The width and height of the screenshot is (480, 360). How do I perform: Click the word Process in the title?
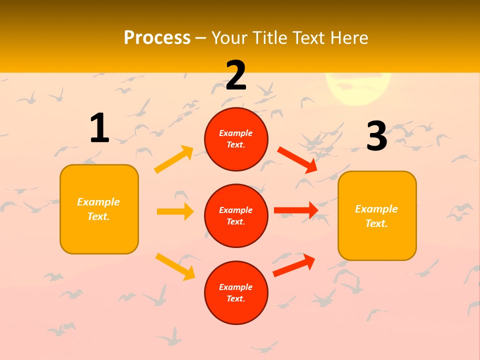coord(157,37)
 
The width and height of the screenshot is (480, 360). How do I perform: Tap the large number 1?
coord(99,128)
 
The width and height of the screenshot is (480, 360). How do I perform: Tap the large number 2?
coord(236,75)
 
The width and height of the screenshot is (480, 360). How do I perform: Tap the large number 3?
coord(376,136)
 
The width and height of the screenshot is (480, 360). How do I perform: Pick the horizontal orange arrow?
coord(175,211)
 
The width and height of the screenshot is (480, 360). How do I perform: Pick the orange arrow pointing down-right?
coord(175,266)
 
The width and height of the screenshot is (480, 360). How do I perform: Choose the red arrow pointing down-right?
coord(297,160)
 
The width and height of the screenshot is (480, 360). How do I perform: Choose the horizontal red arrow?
coord(296,210)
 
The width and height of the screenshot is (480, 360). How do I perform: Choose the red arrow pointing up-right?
coord(294,265)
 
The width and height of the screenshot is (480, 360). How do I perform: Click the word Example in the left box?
coord(98,202)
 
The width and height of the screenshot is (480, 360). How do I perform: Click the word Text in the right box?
coord(376,223)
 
